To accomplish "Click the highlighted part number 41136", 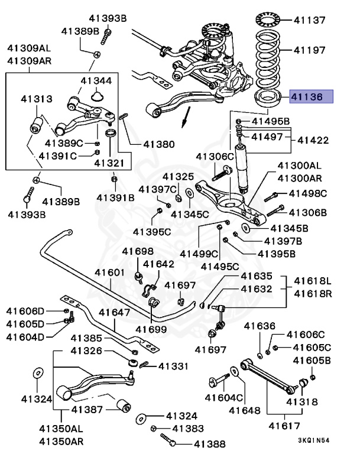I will pyautogui.click(x=310, y=97).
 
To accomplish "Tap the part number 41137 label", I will pyautogui.click(x=309, y=20).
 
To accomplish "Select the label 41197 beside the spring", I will pyautogui.click(x=309, y=50).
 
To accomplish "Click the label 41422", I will pyautogui.click(x=314, y=141).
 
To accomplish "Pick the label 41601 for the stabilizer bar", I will pyautogui.click(x=110, y=273).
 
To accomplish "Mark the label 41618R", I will pyautogui.click(x=313, y=293).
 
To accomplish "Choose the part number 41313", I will pyautogui.click(x=36, y=99).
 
